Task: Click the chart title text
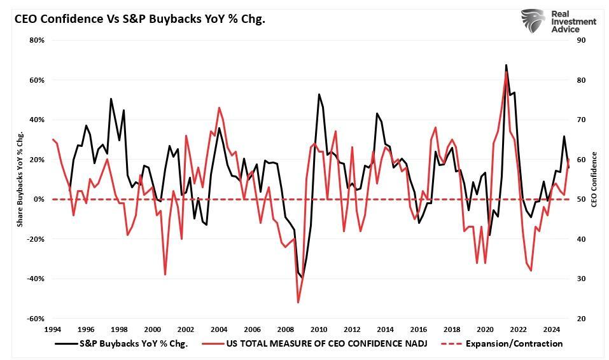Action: coord(140,18)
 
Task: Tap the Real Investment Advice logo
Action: coord(558,22)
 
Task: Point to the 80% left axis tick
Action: coord(36,40)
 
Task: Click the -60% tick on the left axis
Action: coord(34,319)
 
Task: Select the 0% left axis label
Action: coord(38,199)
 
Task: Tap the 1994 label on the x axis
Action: coord(53,329)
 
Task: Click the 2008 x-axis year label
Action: coord(286,329)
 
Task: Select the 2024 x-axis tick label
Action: coord(552,329)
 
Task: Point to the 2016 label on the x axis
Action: coord(419,329)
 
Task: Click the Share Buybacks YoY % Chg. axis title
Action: coord(20,180)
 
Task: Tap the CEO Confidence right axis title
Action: coord(594,179)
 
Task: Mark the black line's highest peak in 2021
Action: coord(506,65)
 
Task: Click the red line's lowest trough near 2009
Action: coord(297,302)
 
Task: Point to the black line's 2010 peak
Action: coord(319,94)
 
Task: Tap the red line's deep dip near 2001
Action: coord(165,275)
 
